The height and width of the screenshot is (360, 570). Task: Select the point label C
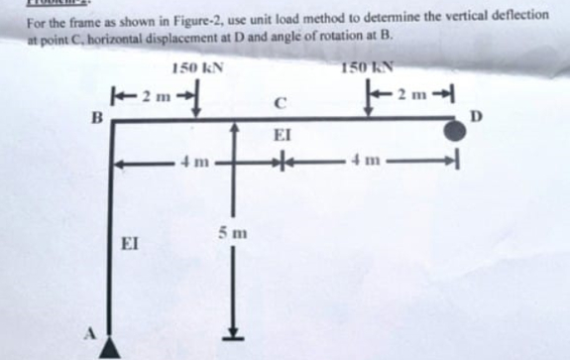pos(281,98)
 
